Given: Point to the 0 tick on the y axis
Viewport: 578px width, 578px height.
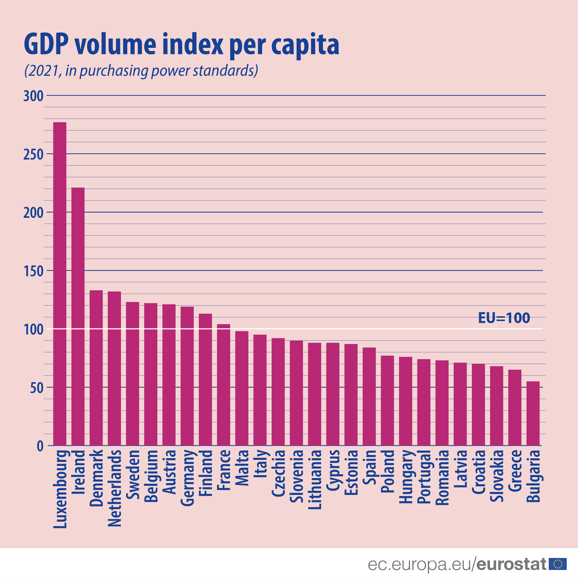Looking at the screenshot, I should (x=40, y=446).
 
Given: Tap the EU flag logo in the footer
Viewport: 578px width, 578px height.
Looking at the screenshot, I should (x=558, y=564).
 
